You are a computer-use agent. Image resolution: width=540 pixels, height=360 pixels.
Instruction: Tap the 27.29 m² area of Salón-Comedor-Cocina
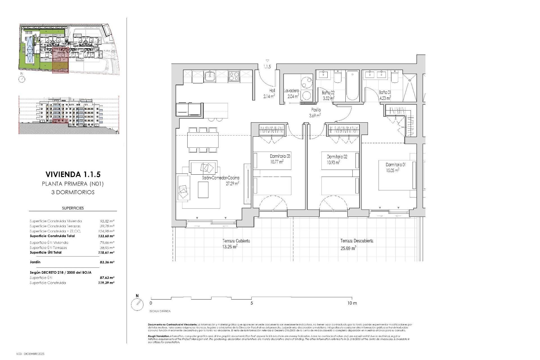click(232, 183)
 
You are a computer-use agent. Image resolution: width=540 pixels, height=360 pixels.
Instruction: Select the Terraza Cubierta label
click(236, 241)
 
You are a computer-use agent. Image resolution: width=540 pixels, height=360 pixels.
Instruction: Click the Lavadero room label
click(291, 91)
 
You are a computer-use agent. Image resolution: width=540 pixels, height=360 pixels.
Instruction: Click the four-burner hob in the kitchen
click(234, 76)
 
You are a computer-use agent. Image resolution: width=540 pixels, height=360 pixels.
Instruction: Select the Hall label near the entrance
click(272, 91)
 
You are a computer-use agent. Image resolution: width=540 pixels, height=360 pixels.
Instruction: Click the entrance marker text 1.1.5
click(267, 67)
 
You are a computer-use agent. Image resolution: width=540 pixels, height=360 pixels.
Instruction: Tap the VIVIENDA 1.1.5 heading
click(73, 174)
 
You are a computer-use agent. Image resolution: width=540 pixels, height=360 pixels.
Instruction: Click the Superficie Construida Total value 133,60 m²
click(107, 236)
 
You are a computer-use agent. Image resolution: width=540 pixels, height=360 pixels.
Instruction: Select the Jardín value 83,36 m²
click(107, 262)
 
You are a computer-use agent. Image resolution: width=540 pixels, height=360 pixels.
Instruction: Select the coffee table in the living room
click(203, 190)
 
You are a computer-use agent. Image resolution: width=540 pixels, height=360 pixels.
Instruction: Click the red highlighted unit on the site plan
click(60, 60)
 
